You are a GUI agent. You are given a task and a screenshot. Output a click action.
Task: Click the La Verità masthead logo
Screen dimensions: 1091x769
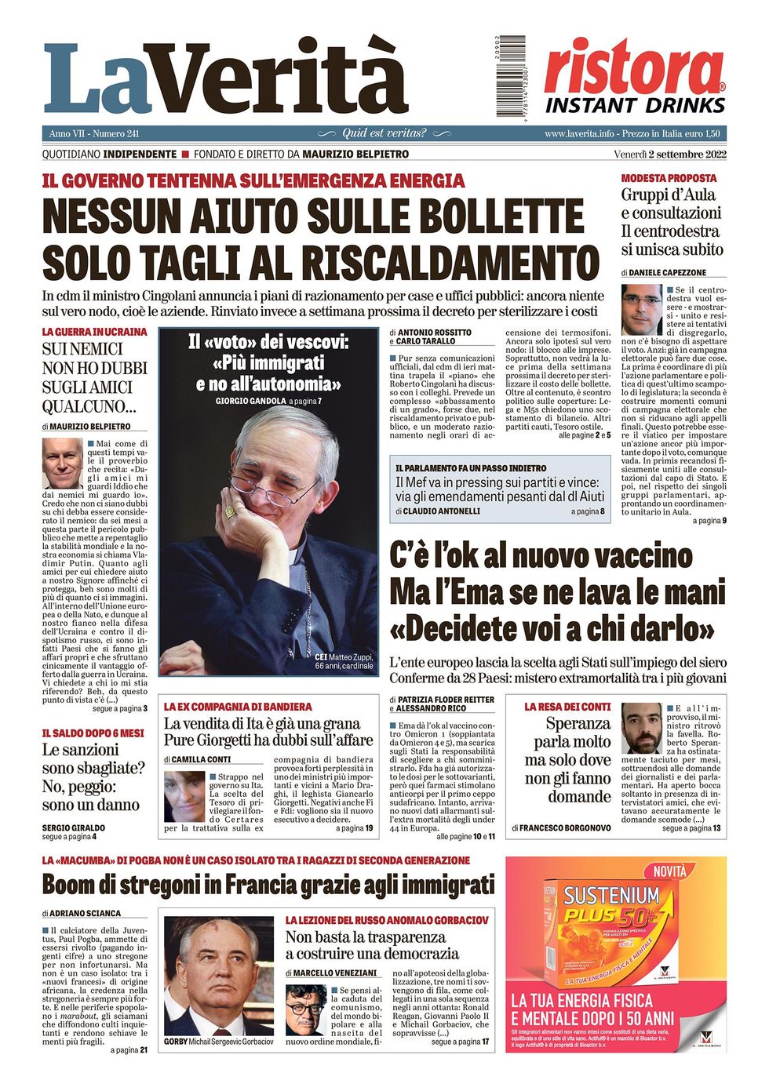[x=226, y=78]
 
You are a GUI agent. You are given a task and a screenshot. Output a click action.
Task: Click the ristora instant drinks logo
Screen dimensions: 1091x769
[x=635, y=77]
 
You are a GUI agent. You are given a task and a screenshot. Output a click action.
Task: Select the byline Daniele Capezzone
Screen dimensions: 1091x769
[x=668, y=272]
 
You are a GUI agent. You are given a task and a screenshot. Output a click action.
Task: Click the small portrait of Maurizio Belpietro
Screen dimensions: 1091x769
[x=62, y=464]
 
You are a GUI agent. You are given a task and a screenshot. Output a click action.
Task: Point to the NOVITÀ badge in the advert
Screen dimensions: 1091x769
[x=670, y=871]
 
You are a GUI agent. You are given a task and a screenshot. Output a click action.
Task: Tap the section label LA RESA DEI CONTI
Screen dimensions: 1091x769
[x=567, y=707]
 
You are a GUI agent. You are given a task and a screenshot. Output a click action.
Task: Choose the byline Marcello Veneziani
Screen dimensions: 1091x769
[x=333, y=973]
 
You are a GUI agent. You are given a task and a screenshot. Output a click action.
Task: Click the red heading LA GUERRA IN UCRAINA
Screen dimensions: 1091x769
[x=94, y=332]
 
